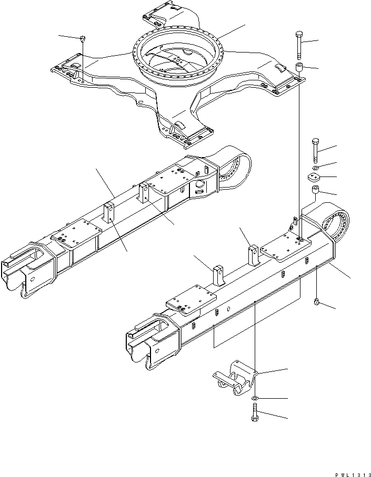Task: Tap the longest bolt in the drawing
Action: pyautogui.click(x=299, y=46)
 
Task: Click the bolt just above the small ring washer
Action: pyautogui.click(x=314, y=150)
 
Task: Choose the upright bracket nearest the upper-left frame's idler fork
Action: pyautogui.click(x=109, y=213)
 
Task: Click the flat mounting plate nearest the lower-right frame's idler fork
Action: pyautogui.click(x=192, y=300)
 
